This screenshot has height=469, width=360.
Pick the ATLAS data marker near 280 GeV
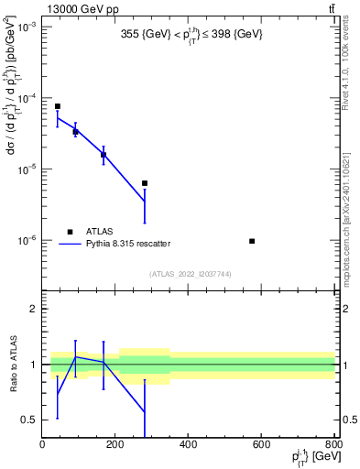[x=145, y=183]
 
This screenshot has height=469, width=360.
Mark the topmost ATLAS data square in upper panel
[x=57, y=106]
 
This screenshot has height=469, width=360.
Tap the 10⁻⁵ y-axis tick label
[x=27, y=169]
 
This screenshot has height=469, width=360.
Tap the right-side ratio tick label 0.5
[x=348, y=420]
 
